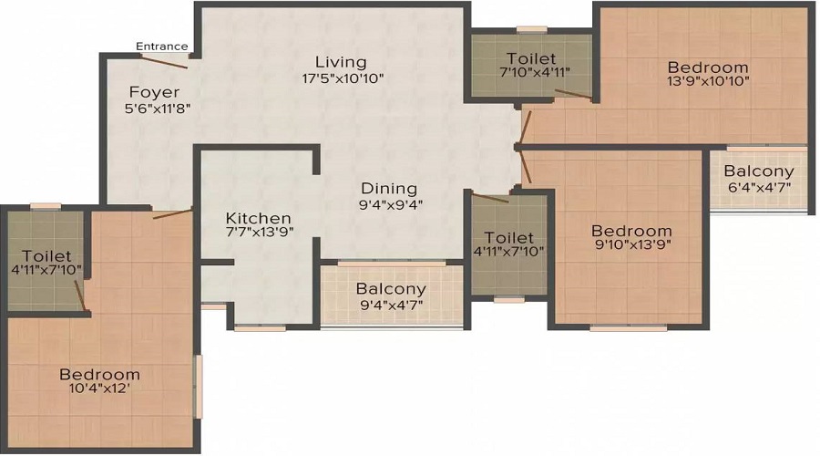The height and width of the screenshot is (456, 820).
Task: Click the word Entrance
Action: coord(161,47)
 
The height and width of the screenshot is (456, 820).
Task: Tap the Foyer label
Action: coord(154,93)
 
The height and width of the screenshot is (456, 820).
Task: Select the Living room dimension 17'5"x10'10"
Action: coord(343,79)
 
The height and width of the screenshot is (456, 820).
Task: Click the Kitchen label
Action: coord(259,218)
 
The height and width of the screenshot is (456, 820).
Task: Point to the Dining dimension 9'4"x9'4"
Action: coord(390,204)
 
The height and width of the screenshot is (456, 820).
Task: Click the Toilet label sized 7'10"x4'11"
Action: coord(531,58)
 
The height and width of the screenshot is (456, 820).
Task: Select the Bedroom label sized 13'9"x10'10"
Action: coord(708,67)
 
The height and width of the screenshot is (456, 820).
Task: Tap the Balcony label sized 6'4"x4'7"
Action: coord(759,171)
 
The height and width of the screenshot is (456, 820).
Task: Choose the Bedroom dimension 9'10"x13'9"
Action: coord(631,244)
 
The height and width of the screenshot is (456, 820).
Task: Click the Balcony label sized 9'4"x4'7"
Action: coord(391,288)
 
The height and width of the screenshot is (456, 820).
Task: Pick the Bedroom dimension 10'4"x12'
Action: coord(99,389)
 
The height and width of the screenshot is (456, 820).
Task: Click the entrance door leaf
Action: coord(164,61)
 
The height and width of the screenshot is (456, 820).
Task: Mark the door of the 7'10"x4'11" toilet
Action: coord(573,94)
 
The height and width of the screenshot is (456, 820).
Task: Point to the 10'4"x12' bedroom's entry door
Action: coord(172,213)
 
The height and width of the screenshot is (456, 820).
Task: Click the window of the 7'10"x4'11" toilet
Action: coord(531,30)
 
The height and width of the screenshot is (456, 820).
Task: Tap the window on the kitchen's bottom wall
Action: coord(260,328)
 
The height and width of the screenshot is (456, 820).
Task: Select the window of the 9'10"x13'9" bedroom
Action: coord(629,328)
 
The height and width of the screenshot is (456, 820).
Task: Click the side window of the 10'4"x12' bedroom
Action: coord(199,387)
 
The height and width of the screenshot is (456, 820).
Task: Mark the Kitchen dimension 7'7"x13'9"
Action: coord(260,232)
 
